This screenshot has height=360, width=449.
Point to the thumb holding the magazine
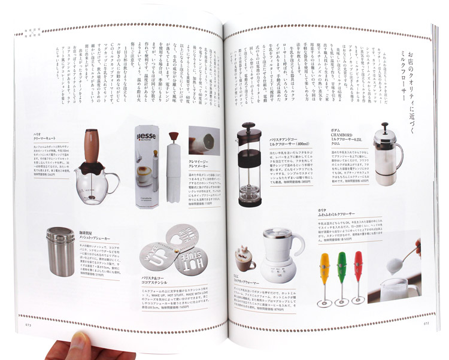78,346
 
